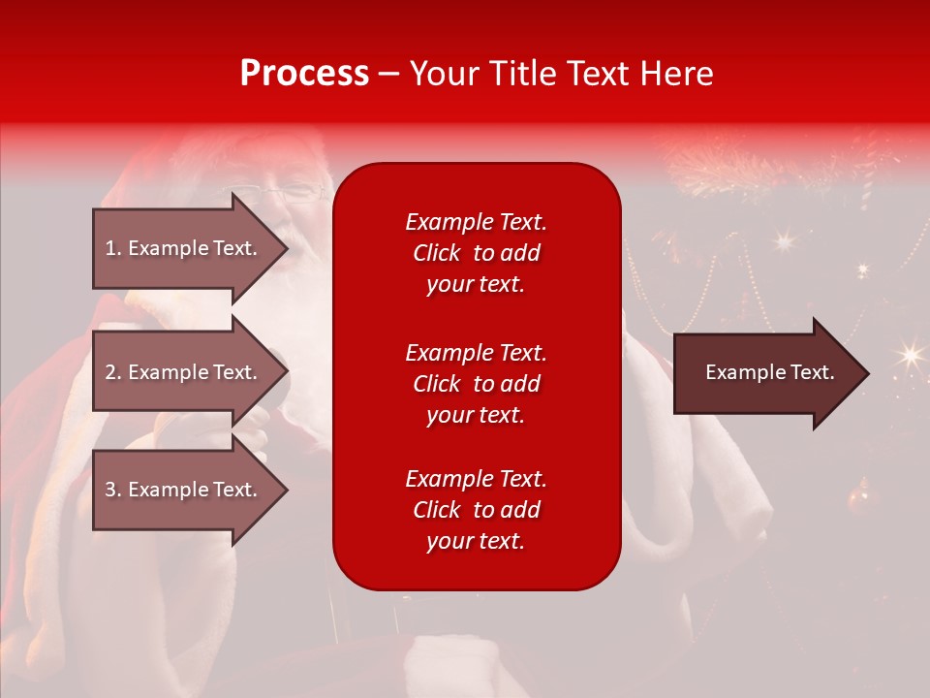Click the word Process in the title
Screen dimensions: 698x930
tap(304, 74)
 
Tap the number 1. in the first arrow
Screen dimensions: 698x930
tap(112, 248)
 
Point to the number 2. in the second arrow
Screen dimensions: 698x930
tap(112, 372)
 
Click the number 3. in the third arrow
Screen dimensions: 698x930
tap(112, 490)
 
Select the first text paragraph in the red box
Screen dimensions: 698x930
tap(476, 253)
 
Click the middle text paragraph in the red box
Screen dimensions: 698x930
tap(476, 384)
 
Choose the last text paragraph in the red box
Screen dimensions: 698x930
tap(476, 510)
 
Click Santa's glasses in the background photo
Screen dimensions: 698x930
tap(300, 191)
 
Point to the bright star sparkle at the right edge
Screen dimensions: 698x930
tap(909, 356)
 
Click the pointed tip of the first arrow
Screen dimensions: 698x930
tap(285, 248)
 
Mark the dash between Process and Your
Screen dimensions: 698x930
tap(388, 74)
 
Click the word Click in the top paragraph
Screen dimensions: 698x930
tap(436, 253)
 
